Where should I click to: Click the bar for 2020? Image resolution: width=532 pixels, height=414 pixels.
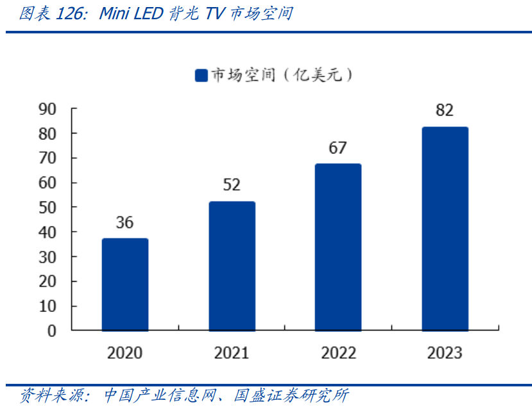[125, 284]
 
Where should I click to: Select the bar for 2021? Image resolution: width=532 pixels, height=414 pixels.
[232, 266]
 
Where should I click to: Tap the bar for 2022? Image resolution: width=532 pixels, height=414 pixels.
[338, 247]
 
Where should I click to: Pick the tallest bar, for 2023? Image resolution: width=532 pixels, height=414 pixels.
[445, 229]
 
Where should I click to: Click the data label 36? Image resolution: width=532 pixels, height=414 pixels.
[124, 223]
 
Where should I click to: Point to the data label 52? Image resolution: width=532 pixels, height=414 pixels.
[232, 185]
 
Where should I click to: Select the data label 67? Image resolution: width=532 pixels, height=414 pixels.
[338, 148]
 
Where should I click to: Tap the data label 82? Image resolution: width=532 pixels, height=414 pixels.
[445, 110]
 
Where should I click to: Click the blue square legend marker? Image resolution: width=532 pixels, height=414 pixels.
[201, 76]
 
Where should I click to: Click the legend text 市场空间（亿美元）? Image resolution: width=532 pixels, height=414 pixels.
[282, 76]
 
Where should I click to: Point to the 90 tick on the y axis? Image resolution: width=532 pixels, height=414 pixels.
[47, 109]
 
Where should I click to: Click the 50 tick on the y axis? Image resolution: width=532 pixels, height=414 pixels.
[47, 207]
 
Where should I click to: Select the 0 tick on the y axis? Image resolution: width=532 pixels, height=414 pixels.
[52, 331]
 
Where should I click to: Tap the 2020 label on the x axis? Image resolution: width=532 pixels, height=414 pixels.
[124, 353]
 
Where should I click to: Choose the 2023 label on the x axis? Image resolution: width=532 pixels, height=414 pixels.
[445, 353]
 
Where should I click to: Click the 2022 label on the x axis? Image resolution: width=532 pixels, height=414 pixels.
[338, 353]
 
